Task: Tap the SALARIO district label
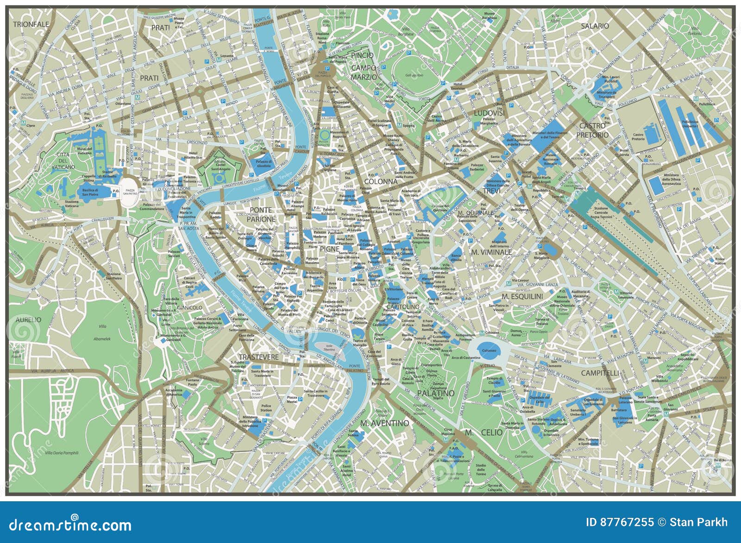point(595,26)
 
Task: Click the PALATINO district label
point(435,393)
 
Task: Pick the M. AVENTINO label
point(384,423)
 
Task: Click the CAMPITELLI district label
point(600,373)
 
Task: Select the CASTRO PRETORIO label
point(593,130)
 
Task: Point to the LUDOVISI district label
point(489,113)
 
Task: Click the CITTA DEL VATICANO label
point(63,160)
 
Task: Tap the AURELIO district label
point(28,319)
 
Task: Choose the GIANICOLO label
point(188,307)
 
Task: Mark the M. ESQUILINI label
point(522,296)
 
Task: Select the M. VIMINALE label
point(491,252)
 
